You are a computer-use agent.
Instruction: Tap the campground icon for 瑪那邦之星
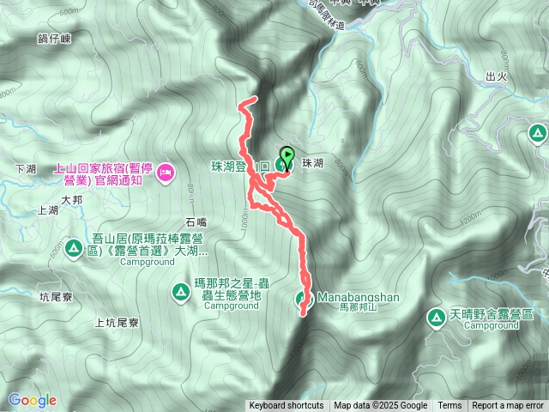(x=181, y=291)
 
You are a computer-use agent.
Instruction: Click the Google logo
(x=32, y=400)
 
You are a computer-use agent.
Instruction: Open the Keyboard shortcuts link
(x=287, y=406)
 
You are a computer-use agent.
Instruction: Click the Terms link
(x=449, y=406)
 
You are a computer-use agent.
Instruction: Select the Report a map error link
(x=509, y=406)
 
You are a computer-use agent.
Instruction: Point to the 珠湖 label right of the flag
(x=313, y=162)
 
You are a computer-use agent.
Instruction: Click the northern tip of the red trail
(x=255, y=100)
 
